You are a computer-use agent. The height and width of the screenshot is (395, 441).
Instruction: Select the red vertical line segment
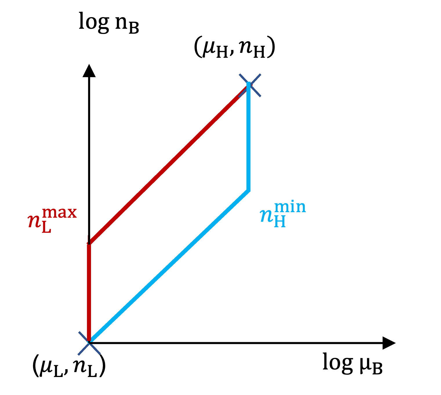click(89, 290)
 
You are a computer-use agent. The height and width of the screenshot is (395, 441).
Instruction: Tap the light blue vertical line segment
click(248, 136)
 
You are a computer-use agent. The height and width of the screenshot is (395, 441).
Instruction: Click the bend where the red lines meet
click(89, 243)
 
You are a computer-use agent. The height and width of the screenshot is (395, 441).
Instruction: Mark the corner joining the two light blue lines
click(248, 190)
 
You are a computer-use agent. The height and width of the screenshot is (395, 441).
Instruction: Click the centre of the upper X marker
click(250, 85)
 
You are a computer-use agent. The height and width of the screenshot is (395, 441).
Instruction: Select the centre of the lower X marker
click(89, 343)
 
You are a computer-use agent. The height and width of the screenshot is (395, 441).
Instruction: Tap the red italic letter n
click(34, 222)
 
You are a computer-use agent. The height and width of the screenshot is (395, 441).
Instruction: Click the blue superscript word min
click(290, 207)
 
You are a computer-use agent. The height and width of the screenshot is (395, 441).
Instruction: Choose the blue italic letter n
click(266, 216)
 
